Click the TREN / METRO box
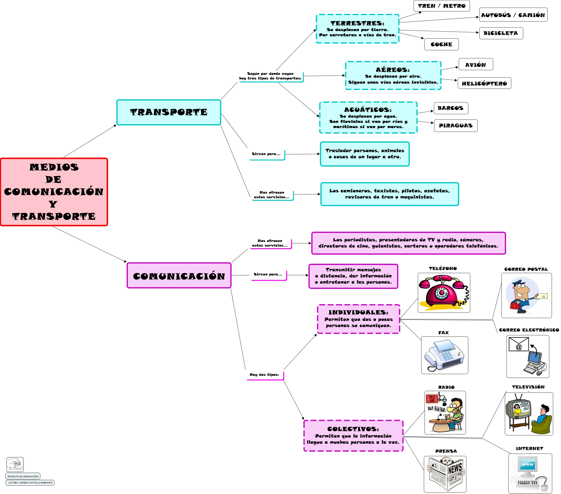coord(441,6)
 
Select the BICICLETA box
coord(501,33)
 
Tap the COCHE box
coord(441,44)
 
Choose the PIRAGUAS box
coord(455,126)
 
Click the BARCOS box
coord(451,108)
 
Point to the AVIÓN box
coord(475,65)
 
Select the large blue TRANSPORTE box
coord(168,112)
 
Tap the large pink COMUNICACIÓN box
coord(179,276)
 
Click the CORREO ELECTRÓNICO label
coord(529,330)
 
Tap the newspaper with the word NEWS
coord(446,474)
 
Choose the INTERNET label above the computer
coord(529,448)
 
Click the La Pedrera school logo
coord(15,465)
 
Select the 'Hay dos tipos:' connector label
coord(264,375)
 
